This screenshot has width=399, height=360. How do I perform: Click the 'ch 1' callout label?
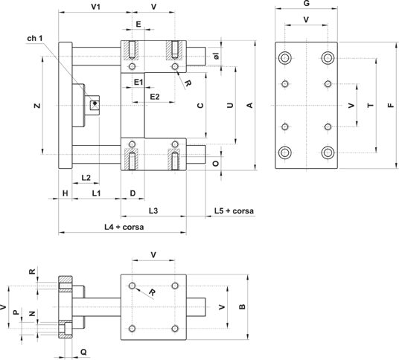click(x=35, y=39)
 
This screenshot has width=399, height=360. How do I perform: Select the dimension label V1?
click(x=96, y=7)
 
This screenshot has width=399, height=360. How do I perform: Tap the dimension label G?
click(x=307, y=3)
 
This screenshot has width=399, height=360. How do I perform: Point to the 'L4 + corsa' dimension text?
click(x=124, y=227)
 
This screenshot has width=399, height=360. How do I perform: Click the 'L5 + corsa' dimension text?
click(x=234, y=210)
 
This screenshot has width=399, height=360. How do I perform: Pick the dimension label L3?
click(x=153, y=210)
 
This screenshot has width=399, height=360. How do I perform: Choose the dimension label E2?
click(x=155, y=97)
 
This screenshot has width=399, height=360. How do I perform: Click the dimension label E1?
click(x=138, y=82)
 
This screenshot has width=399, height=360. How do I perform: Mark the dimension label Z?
click(x=37, y=106)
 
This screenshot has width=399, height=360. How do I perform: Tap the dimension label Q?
click(x=83, y=352)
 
